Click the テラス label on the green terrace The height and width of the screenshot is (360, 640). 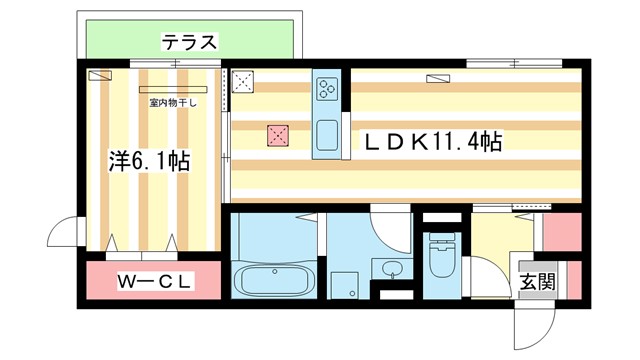(x=189, y=42)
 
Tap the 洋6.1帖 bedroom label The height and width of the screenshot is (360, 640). (x=149, y=159)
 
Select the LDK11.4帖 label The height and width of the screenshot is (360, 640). (x=431, y=142)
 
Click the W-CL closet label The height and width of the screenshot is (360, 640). (x=155, y=282)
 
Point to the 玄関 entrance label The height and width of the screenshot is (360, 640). (x=536, y=282)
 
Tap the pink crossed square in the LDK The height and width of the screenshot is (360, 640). (x=277, y=136)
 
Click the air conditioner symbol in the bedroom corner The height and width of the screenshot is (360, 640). (x=100, y=75)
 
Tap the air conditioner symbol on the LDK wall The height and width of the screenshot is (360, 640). (x=438, y=76)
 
